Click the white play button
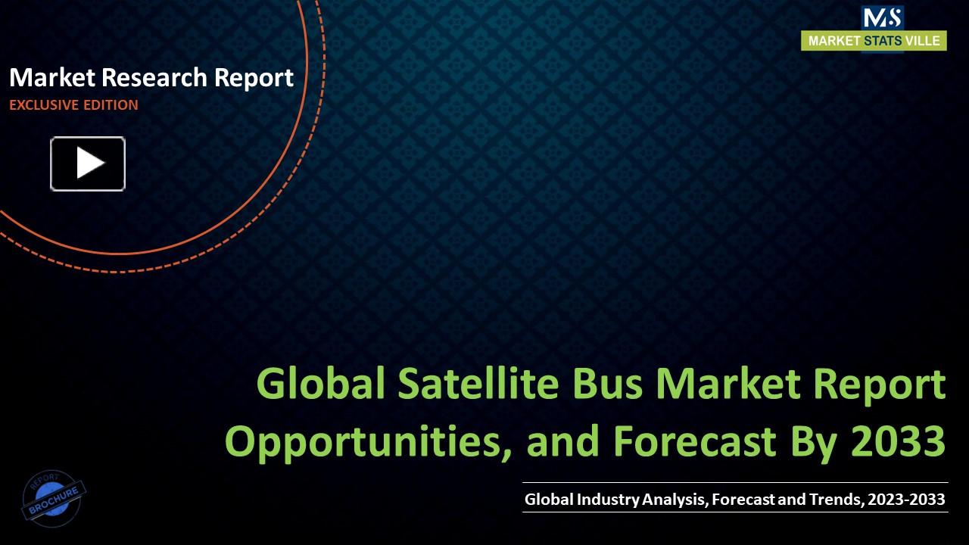point(88,163)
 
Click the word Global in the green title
point(318,384)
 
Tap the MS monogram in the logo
point(882,17)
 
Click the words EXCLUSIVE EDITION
point(73,105)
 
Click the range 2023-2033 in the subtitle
point(906,499)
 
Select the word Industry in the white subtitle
point(608,499)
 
